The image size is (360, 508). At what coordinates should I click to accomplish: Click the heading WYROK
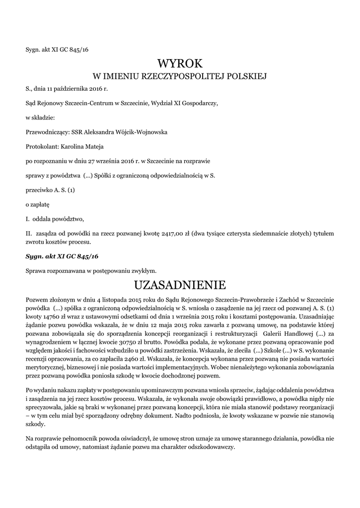[180, 63]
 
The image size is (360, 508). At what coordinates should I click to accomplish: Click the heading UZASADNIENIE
[180, 285]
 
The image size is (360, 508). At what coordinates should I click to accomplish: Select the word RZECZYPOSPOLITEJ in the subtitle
[184, 76]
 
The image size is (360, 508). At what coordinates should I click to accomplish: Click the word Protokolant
[42, 147]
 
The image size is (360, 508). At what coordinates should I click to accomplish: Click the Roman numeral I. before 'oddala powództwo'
[28, 219]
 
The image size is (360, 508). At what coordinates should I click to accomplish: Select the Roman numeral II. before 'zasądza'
[29, 233]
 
